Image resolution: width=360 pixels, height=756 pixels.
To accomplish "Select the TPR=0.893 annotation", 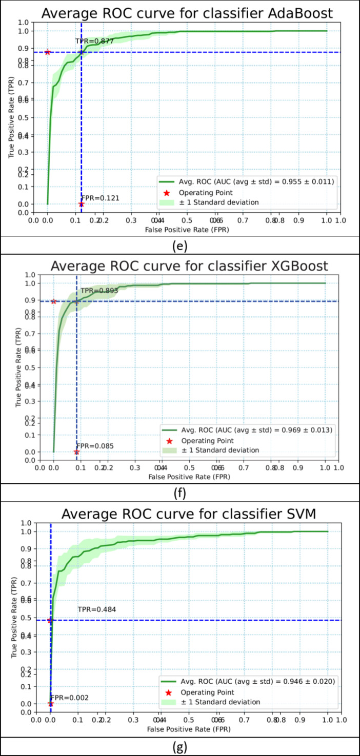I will click(x=99, y=291).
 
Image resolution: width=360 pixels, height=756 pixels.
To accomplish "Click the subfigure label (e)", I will click(x=179, y=244).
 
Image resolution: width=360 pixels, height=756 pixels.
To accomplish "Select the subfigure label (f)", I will click(x=179, y=493).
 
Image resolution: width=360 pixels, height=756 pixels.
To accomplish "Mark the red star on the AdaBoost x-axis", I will click(x=81, y=204).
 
